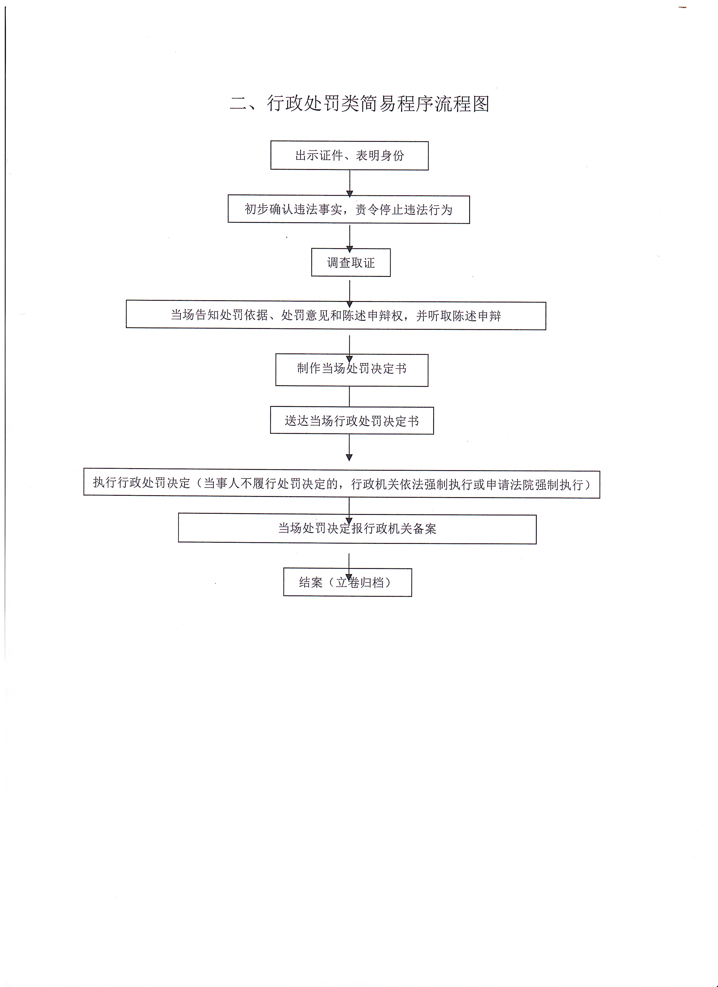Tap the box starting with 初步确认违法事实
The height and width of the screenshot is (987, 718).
tap(349, 209)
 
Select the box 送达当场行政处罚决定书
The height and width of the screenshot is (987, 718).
tap(352, 420)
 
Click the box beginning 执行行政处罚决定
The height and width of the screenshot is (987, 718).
tap(342, 484)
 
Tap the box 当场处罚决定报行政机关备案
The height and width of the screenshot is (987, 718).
tap(357, 529)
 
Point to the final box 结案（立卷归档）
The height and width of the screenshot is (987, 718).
tap(348, 582)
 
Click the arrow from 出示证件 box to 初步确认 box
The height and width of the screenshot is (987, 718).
tap(350, 183)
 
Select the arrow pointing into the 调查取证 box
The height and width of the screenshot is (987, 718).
tap(350, 239)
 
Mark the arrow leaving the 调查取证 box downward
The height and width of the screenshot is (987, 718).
tap(350, 294)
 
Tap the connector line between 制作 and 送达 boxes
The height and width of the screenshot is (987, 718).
tap(350, 396)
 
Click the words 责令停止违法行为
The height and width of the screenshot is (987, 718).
tap(404, 210)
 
